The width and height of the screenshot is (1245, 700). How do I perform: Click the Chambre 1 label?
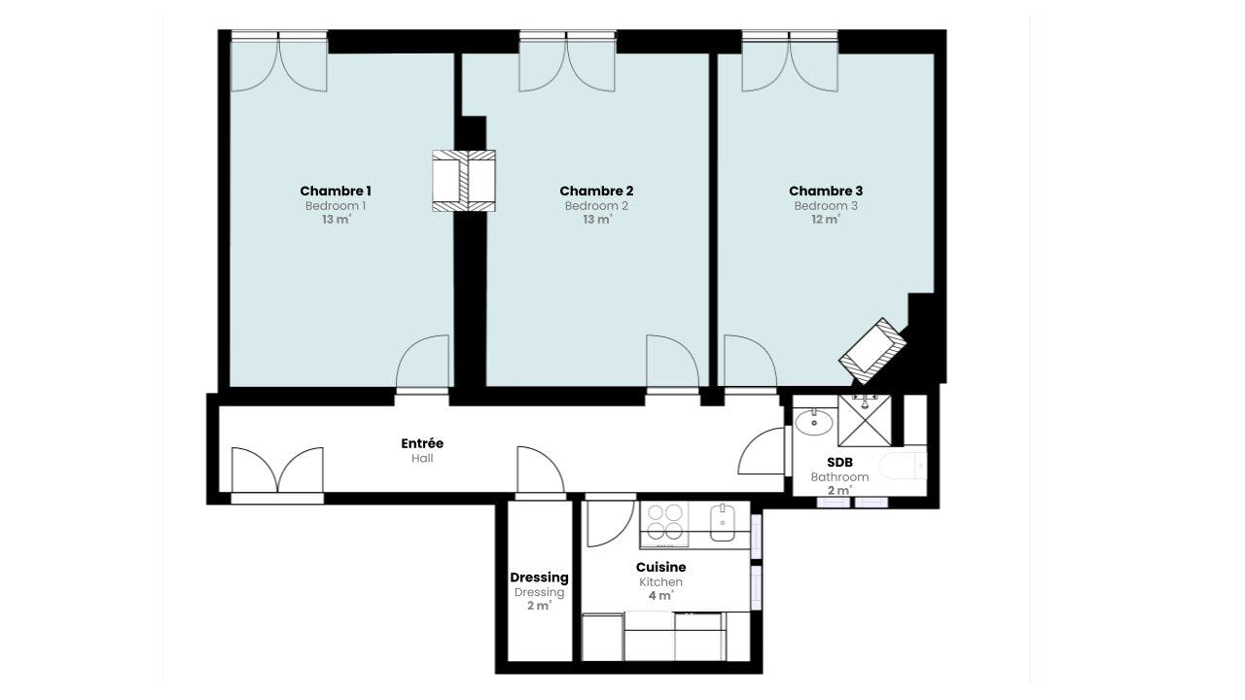(336, 192)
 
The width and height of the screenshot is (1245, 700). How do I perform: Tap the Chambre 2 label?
(596, 192)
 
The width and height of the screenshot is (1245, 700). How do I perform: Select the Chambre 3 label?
(826, 192)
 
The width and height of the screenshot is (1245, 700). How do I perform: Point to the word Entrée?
(422, 443)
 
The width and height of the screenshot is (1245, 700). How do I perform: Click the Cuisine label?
(660, 567)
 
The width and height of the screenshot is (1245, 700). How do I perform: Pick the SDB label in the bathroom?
(839, 462)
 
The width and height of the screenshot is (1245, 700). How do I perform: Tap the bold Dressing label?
(539, 577)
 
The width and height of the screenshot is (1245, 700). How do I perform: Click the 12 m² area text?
(826, 220)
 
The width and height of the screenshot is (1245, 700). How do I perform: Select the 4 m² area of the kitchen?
(660, 596)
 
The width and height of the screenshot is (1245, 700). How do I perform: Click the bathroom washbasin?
(814, 422)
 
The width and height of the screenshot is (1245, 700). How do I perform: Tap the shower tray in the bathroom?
(865, 421)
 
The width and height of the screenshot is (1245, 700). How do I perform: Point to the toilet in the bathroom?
(904, 466)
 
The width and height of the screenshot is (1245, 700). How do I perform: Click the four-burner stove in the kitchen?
(664, 522)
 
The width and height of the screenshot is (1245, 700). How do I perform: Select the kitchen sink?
(723, 522)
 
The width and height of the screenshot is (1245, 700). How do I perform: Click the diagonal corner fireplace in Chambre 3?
(872, 351)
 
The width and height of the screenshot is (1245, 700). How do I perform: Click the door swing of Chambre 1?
(422, 361)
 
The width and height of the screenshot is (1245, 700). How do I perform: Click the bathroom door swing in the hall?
(762, 451)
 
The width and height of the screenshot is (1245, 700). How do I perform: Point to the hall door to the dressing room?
(541, 470)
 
